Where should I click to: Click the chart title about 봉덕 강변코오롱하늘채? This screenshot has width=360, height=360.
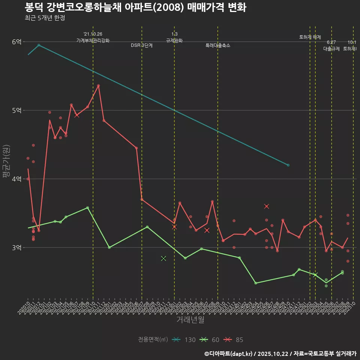135,7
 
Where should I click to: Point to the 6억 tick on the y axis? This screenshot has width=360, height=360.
16,42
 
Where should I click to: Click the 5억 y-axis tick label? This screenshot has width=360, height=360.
16,110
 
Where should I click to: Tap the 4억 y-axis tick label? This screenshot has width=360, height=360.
16,179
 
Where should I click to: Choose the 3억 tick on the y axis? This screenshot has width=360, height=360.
16,247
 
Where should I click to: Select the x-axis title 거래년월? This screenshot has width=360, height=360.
190,320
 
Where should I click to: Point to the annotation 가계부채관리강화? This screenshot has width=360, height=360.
93,40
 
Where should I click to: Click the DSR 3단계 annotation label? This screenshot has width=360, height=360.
142,45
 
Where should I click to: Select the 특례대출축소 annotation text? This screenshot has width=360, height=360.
218,45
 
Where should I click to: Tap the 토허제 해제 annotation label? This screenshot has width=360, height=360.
310,37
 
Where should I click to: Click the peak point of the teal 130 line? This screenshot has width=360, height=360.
39,45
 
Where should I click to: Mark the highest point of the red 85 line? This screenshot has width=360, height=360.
98,85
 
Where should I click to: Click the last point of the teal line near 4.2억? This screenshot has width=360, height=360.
288,165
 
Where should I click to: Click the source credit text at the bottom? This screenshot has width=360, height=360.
280,354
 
